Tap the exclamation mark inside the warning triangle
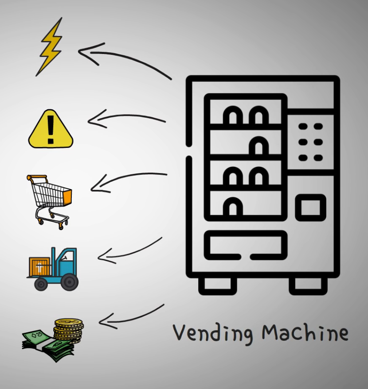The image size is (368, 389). coord(51,128)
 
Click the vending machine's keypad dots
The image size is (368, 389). coord(310,142)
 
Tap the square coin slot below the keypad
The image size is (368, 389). coord(310,207)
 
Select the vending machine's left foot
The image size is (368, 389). coord(217,286)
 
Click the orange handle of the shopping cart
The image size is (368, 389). coord(37,177)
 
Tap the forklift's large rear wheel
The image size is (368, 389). coord(69,281)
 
